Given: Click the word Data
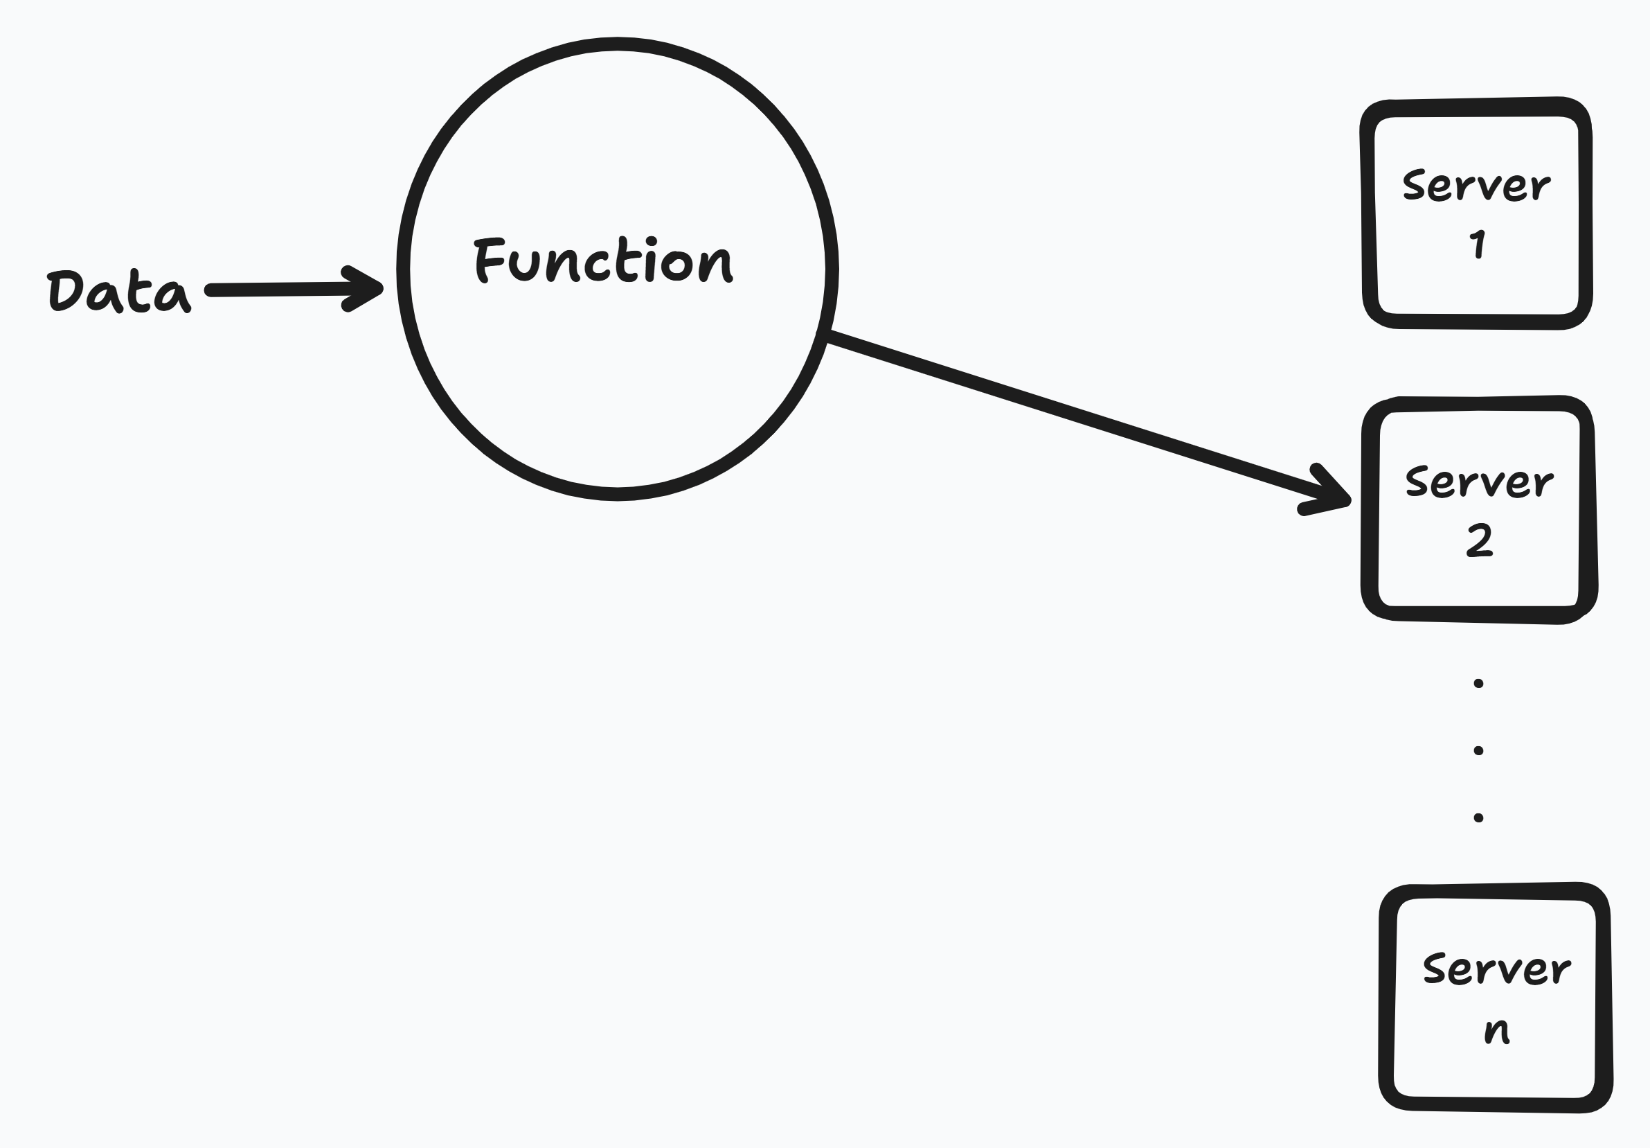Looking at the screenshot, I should (118, 291).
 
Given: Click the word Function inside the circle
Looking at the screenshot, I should (604, 260).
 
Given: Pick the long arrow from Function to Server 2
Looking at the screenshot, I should (1078, 421).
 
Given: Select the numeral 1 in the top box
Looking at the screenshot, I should (1478, 245).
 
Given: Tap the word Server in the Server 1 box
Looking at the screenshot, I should (1477, 186).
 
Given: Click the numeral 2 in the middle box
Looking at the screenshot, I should (1479, 540).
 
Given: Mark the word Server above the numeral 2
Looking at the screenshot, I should (1480, 481).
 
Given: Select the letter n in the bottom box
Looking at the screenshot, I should (1497, 1030).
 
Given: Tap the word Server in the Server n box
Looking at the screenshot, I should (1497, 969).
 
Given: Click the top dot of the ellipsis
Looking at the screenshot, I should (1478, 683).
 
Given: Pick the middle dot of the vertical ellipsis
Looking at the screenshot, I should (1478, 750).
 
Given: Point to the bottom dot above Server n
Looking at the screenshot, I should (1478, 818).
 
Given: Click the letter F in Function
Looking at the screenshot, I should (489, 260).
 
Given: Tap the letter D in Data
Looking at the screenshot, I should (64, 291).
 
